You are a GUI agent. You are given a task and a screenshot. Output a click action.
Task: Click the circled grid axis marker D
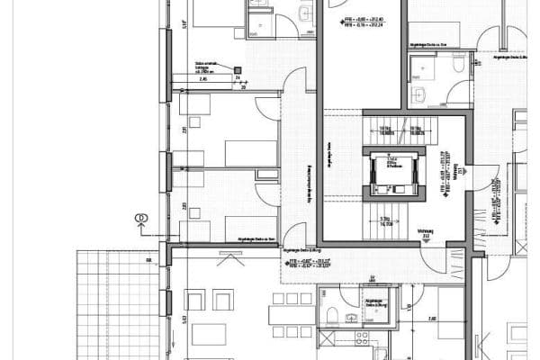pyautogui.click(x=140, y=217)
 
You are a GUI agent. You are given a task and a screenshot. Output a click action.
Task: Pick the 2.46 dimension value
pyautogui.click(x=203, y=80)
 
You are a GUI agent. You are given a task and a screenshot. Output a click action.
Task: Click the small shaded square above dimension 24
pyautogui.click(x=238, y=69)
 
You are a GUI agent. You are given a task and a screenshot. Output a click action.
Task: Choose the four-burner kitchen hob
pyautogui.click(x=362, y=337)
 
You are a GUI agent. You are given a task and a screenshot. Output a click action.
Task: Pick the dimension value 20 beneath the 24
pyautogui.click(x=243, y=87)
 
